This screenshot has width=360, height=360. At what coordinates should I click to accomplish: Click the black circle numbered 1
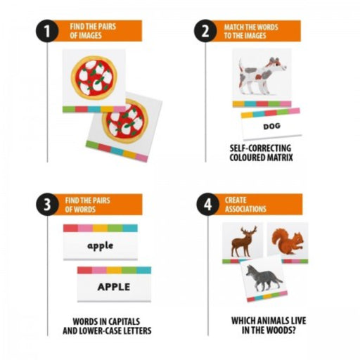click(47, 31)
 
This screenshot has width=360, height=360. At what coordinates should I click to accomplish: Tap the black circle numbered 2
click(205, 31)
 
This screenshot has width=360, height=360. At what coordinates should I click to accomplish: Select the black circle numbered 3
click(47, 204)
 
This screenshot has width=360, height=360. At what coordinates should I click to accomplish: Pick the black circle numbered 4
click(208, 204)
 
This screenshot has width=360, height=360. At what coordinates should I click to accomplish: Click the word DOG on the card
click(271, 127)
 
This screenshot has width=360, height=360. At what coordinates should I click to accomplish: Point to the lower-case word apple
click(101, 246)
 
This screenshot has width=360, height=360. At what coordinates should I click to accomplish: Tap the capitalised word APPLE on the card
click(114, 287)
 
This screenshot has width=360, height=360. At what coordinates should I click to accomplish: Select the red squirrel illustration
click(288, 241)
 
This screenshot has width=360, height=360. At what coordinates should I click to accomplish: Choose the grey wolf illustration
click(264, 278)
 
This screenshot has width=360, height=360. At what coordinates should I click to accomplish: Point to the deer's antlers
click(248, 231)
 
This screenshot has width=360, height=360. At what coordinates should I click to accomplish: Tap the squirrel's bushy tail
click(279, 238)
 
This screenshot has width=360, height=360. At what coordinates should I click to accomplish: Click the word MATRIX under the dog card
click(281, 157)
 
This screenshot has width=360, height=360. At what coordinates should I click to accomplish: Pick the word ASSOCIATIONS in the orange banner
click(245, 209)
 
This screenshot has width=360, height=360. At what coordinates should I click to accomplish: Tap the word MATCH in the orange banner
click(233, 27)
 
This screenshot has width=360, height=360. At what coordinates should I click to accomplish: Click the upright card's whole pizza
click(94, 78)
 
